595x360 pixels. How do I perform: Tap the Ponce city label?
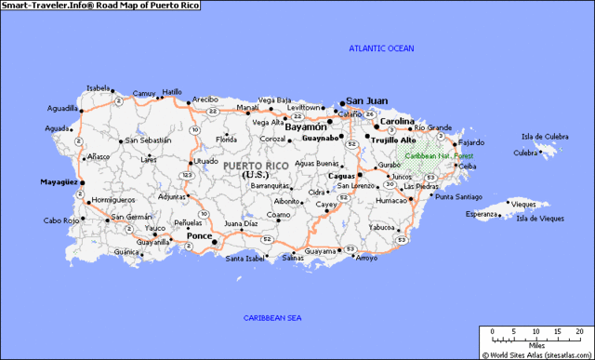[199, 235]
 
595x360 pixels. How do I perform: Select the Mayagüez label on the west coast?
[57, 182]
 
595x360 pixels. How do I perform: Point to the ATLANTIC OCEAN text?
[381, 47]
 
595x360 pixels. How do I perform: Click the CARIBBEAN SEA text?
[272, 318]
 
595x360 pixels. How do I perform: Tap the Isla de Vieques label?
[539, 219]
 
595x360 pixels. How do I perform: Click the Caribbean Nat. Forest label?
[440, 156]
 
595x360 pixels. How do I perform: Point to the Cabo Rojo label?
[59, 220]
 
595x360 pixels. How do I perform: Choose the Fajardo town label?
[473, 142]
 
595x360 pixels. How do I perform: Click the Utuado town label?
[205, 160]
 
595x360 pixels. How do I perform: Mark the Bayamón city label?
[306, 127]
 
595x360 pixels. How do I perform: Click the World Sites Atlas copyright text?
[538, 354]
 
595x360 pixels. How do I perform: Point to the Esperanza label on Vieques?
[481, 214]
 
